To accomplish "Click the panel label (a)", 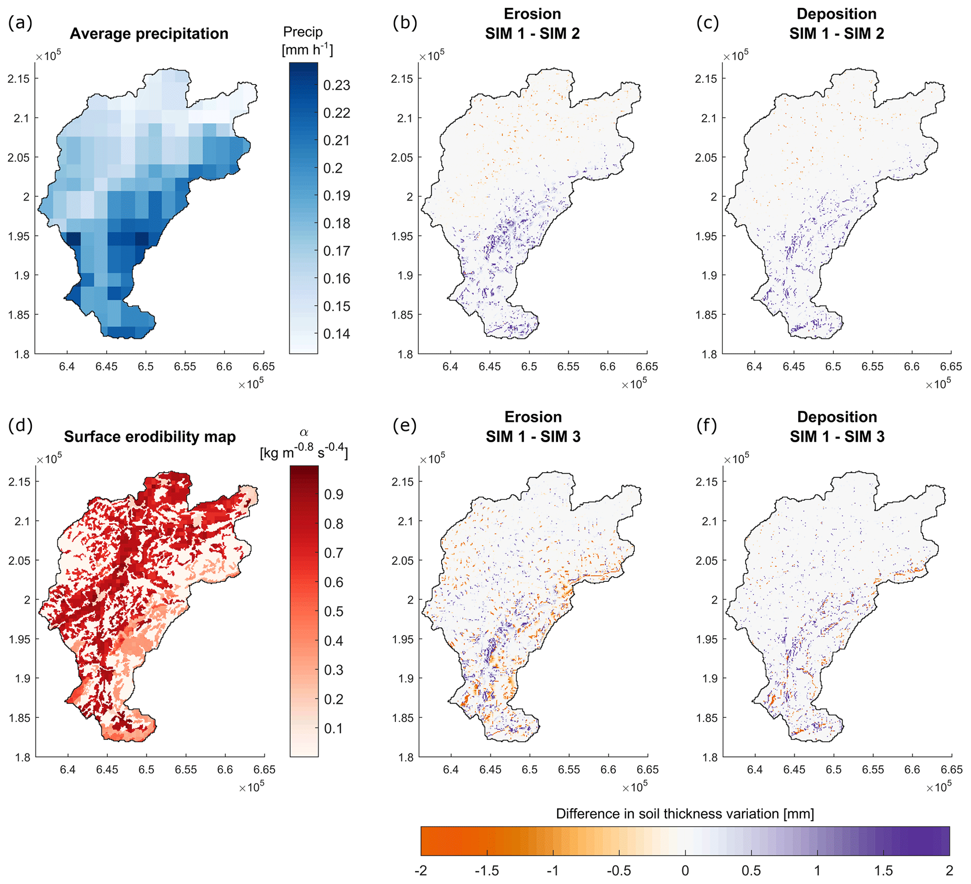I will [20, 23].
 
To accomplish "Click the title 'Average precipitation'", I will [149, 34].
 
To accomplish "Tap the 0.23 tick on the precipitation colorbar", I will [336, 86].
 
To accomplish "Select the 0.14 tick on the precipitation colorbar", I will [336, 334].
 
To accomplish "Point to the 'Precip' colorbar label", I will [303, 32].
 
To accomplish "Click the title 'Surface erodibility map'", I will [150, 437].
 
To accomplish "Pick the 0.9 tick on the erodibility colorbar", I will [334, 494].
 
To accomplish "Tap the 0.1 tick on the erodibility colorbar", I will [334, 728].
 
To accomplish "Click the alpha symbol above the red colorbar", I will [304, 433].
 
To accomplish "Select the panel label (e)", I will [405, 426].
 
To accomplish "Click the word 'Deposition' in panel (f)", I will [837, 417].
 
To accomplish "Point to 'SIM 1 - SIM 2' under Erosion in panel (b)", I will [532, 34].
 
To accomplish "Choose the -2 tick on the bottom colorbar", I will [421, 870].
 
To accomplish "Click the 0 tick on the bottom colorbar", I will [685, 870].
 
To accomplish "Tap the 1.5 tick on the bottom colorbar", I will [883, 870].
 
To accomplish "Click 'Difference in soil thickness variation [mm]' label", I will [685, 814].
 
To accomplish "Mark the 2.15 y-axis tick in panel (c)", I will [706, 78].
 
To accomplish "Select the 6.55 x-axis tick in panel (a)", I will [185, 367].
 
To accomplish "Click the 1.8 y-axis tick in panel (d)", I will [23, 757].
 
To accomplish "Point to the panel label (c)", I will [707, 23].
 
